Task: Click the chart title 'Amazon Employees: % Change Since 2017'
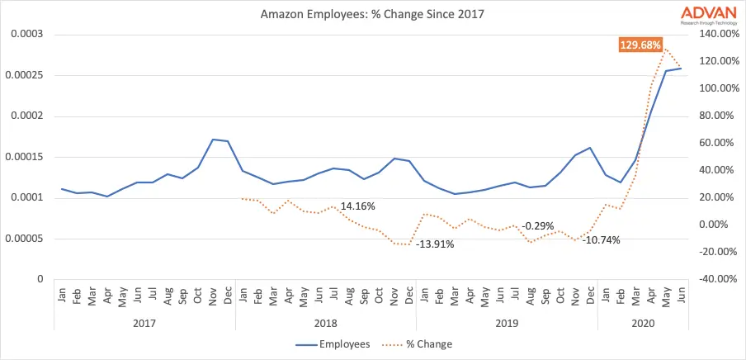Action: (x=372, y=14)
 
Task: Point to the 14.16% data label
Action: (x=357, y=206)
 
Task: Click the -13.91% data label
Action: (x=435, y=244)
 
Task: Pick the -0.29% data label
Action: (x=537, y=225)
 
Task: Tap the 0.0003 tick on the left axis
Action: (x=28, y=35)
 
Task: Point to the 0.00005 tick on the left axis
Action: (x=26, y=239)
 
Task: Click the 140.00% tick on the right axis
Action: (x=715, y=35)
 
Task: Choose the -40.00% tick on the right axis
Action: (x=715, y=279)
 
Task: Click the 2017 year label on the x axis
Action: (x=144, y=324)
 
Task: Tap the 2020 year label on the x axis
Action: (x=643, y=324)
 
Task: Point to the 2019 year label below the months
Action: (x=506, y=324)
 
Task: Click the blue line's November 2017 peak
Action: (x=213, y=140)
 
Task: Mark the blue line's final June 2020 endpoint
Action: (x=681, y=69)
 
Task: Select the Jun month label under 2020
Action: (x=681, y=295)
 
